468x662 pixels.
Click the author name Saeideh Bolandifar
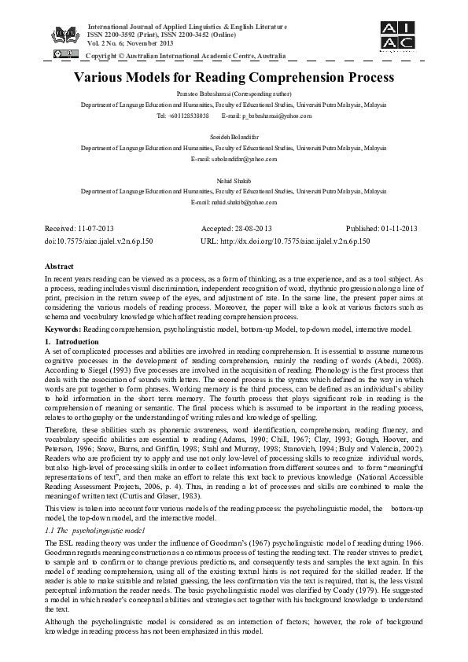[234, 136]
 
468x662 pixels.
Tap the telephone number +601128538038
[186, 116]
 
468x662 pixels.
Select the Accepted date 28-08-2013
[248, 229]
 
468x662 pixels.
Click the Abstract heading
[59, 267]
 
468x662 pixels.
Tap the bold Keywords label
[63, 328]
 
